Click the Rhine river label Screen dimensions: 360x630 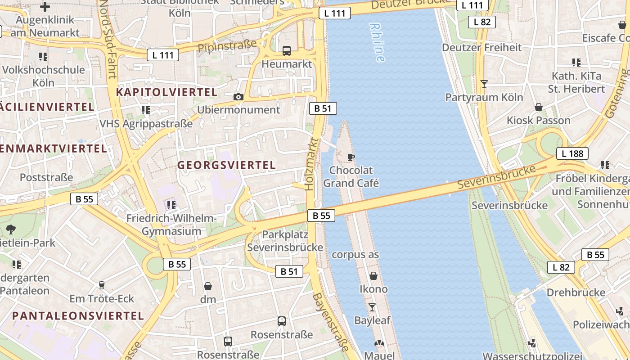click(x=377, y=42)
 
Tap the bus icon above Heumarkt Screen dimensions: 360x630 click(x=287, y=51)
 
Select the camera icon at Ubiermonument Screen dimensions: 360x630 click(x=238, y=97)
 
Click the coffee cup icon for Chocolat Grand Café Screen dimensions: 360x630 click(x=351, y=157)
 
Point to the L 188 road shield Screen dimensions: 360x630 click(x=572, y=153)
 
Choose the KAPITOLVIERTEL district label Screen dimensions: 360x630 click(x=166, y=92)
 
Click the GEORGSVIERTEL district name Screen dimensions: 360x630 click(x=226, y=165)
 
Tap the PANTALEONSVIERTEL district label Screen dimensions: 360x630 click(x=78, y=315)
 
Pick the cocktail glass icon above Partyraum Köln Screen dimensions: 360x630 click(x=484, y=84)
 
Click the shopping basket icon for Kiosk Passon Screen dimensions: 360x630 click(x=538, y=107)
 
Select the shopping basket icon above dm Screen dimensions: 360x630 click(x=208, y=286)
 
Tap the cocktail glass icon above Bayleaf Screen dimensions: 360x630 click(x=372, y=307)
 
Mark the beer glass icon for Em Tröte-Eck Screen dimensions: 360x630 click(x=102, y=285)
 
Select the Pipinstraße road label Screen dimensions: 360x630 click(x=227, y=46)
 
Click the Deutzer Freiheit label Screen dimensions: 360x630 click(x=481, y=47)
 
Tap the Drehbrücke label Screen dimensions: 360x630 click(x=576, y=292)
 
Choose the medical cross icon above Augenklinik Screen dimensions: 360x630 click(x=45, y=7)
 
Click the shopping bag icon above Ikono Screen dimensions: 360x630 click(x=373, y=276)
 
